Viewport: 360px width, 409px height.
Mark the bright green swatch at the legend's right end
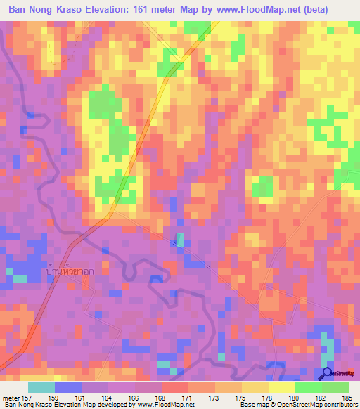tap(335, 387)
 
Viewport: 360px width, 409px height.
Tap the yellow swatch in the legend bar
tap(282, 387)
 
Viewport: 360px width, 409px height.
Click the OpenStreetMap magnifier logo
tap(327, 373)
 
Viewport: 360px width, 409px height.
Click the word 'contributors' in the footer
tap(337, 404)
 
